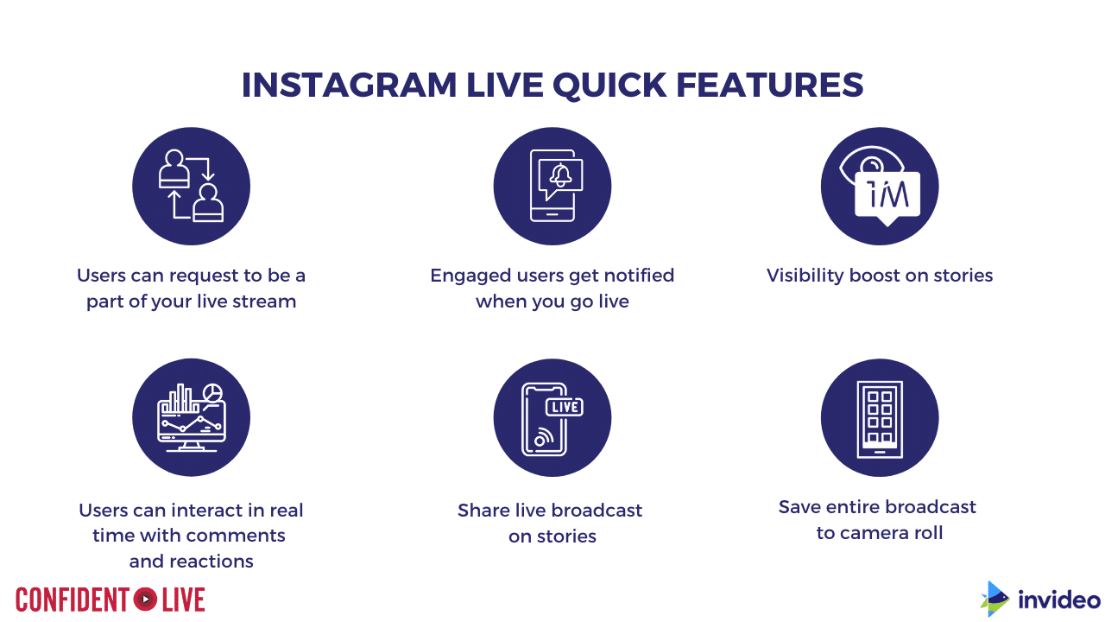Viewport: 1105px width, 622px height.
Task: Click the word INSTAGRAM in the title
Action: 349,85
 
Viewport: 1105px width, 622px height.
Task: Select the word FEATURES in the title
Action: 769,85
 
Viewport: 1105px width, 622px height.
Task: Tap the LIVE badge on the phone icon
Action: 565,407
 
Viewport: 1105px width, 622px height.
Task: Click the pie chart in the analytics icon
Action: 212,393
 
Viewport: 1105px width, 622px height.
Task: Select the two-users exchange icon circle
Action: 192,186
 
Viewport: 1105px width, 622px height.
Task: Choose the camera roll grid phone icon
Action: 880,419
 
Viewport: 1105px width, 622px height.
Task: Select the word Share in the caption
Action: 483,510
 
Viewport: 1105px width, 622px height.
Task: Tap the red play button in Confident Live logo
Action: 146,600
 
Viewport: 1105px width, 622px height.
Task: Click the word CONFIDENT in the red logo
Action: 73,600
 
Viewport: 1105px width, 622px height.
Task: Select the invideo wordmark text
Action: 1059,600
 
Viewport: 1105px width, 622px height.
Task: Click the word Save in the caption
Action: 799,507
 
